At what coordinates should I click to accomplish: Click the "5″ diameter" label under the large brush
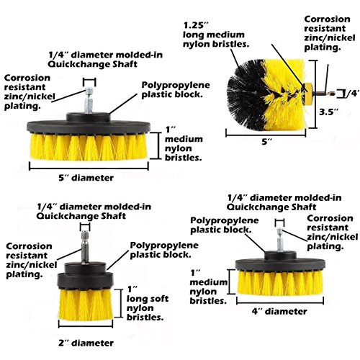coord(86,178)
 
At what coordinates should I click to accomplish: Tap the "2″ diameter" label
coord(86,343)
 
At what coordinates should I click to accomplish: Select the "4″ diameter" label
coord(279,312)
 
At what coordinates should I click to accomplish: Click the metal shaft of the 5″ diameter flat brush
coord(89,100)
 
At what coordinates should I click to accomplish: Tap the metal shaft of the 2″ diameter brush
coord(85,247)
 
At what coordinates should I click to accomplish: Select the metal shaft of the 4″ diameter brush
coord(280,240)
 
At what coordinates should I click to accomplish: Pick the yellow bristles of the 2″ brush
coord(85,305)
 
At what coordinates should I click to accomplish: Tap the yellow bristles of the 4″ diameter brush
coord(280,282)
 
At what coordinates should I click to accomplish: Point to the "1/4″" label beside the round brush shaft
coord(352,94)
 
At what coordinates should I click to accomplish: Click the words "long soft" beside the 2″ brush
coord(148,299)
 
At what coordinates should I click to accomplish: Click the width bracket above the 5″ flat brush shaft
coord(89,81)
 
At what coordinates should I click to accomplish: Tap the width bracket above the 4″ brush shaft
coord(280,222)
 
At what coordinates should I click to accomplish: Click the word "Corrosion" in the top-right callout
coord(327,19)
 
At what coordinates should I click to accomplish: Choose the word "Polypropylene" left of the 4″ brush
coord(225,220)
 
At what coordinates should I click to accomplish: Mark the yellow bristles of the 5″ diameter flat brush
coord(89,147)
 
